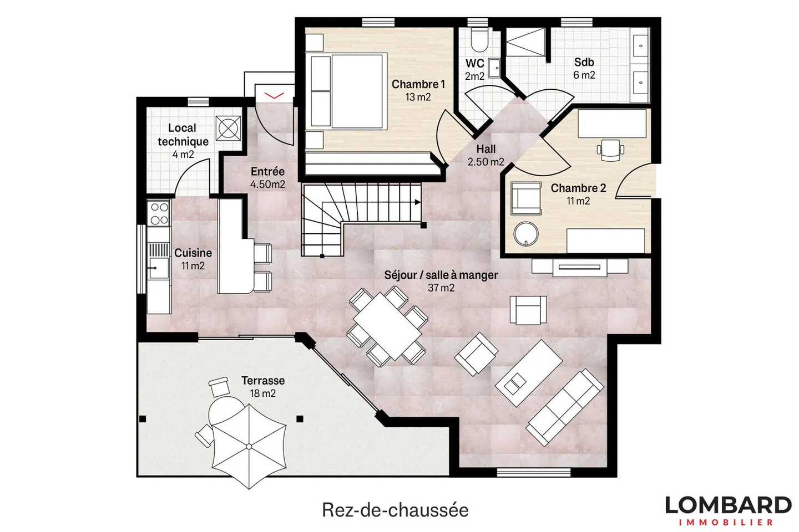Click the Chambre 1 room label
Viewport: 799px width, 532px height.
[x=418, y=90]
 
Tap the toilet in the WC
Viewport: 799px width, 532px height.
[x=477, y=39]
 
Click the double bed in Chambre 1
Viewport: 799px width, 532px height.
[x=347, y=91]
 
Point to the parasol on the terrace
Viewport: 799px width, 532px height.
[x=248, y=446]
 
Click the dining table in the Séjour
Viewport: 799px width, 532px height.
[x=387, y=326]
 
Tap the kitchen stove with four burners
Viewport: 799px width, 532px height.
[x=159, y=213]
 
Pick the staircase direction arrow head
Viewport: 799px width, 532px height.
[x=416, y=203]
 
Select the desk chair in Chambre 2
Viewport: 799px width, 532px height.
[x=610, y=149]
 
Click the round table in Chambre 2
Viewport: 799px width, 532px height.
[x=525, y=234]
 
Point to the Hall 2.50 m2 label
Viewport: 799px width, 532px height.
[x=486, y=155]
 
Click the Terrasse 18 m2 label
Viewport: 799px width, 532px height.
[x=262, y=387]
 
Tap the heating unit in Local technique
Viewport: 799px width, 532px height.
[x=228, y=128]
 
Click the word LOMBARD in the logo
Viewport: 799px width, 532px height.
[x=727, y=505]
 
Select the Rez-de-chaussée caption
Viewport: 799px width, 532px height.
[x=395, y=510]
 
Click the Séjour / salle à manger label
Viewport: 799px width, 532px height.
[x=441, y=280]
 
